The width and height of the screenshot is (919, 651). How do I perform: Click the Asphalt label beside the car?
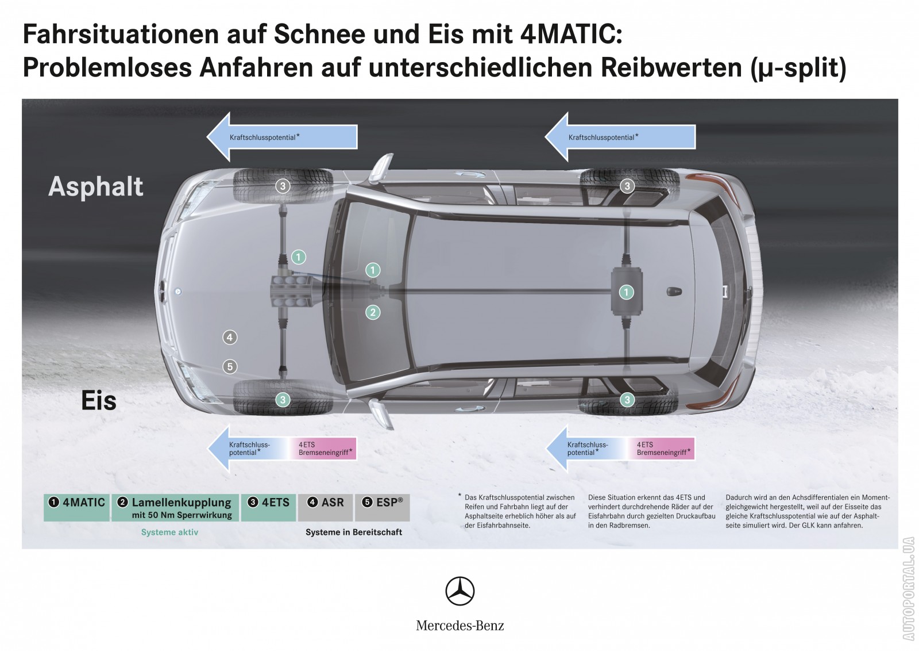(95, 187)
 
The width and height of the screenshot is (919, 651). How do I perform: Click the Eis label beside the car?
(99, 400)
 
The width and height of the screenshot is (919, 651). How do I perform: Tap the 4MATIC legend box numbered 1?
(77, 508)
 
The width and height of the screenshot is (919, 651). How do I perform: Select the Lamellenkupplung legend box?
(175, 508)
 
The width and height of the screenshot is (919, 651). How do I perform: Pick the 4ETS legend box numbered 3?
(268, 508)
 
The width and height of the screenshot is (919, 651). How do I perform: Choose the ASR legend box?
(325, 508)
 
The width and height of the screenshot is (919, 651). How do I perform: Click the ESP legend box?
(383, 508)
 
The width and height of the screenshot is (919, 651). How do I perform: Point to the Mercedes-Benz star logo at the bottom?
(460, 591)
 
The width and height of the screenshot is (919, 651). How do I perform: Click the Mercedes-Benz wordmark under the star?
(460, 626)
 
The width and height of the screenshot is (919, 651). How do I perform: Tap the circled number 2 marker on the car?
(373, 313)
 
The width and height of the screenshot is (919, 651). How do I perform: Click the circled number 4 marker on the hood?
(230, 338)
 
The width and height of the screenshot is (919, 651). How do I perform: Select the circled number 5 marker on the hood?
(230, 367)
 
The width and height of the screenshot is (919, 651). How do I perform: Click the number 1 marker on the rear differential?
(626, 293)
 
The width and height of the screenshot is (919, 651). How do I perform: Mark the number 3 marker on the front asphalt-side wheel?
(283, 186)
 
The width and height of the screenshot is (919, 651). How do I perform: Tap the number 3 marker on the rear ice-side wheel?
(627, 400)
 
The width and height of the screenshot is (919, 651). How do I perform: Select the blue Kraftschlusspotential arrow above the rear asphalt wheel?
(620, 137)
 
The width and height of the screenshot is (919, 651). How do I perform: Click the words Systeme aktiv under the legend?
(169, 533)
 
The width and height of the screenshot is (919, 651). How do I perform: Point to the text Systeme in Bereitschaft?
(354, 533)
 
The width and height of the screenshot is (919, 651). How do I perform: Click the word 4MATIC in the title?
(571, 35)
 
